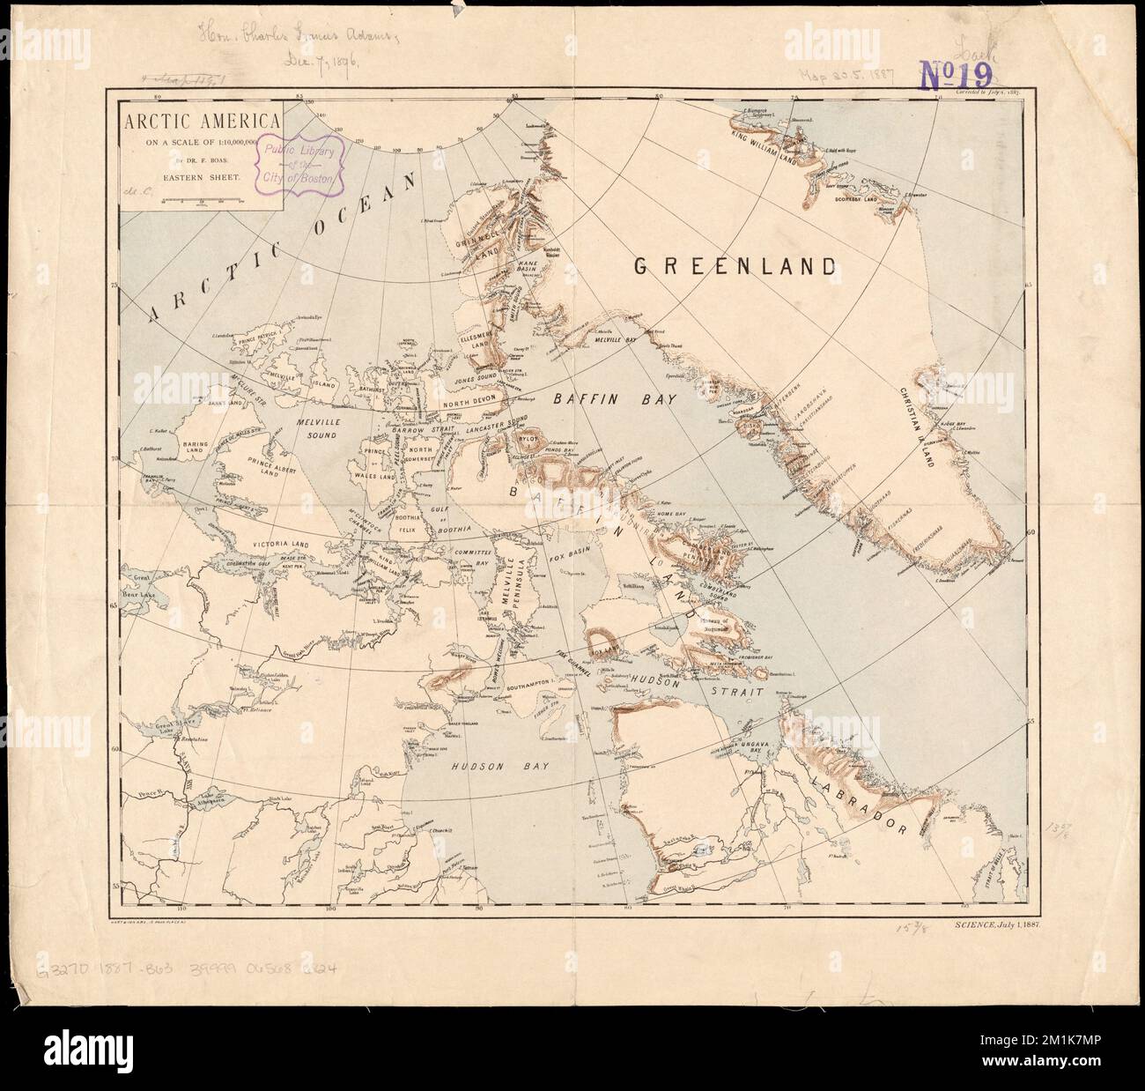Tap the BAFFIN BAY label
[x=614, y=399]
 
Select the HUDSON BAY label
[x=499, y=767]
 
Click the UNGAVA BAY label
[x=765, y=746]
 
